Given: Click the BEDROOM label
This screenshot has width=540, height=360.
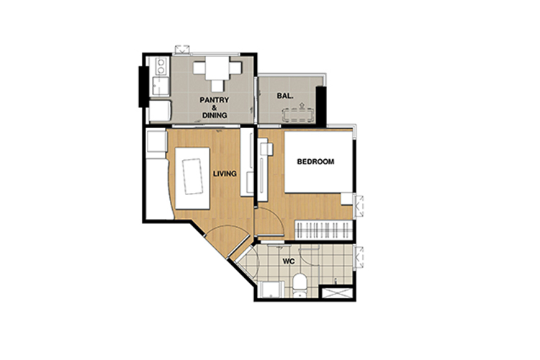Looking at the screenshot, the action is (315, 161).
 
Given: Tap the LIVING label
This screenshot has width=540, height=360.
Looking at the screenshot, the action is (225, 174).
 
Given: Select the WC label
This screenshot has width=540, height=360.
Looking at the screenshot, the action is (289, 261).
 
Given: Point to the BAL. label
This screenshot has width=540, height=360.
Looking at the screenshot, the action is (285, 96).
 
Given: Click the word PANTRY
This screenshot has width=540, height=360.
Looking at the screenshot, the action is (215, 100).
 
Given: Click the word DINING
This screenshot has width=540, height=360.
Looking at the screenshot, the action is (215, 115).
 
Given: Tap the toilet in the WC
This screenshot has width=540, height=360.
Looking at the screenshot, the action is (300, 284).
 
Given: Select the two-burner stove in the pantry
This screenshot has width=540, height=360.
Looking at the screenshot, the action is (161, 66).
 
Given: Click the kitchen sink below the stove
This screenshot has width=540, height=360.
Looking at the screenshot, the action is (161, 86).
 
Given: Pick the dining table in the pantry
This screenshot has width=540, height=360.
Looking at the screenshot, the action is (217, 68).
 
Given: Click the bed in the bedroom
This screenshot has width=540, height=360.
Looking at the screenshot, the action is (318, 162).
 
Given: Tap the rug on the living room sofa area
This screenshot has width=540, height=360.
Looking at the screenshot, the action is (192, 176).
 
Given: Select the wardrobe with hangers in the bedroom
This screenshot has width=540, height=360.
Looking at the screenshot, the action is (323, 230).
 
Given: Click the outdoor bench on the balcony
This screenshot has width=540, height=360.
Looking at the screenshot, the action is (299, 114).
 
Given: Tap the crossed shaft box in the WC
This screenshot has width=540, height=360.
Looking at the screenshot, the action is (336, 292).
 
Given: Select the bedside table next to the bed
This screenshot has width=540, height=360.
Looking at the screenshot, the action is (347, 199).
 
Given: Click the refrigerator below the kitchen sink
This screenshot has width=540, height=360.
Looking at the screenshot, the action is (160, 111).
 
